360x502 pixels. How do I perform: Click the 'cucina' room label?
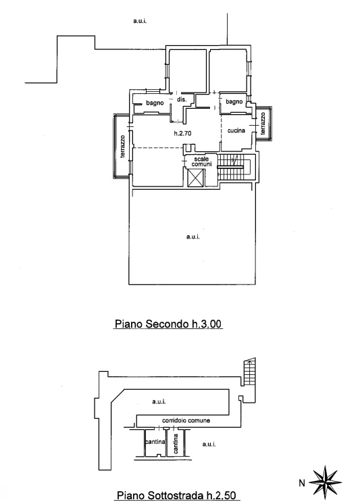point(236,130)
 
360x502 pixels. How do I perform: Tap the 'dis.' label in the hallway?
point(182,99)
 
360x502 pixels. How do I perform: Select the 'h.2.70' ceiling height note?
point(183,133)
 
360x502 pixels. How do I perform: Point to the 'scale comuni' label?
point(201,161)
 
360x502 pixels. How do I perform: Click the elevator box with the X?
point(195,178)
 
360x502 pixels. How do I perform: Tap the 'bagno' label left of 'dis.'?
point(155,103)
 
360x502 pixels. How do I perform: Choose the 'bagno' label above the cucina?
point(234,101)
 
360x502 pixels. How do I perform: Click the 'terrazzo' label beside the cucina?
point(263,123)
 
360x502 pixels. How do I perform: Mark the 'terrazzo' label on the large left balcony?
point(122,147)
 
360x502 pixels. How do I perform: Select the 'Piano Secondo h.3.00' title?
point(168,324)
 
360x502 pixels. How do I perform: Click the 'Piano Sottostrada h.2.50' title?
point(176,495)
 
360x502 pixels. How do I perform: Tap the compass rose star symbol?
point(325,481)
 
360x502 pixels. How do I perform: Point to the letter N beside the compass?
point(302,483)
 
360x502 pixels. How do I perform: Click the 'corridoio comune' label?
point(186,420)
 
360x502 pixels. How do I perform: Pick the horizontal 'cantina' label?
point(155,442)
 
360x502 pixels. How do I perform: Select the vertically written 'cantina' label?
point(176,444)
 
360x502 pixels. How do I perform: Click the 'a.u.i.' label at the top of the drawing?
point(140,21)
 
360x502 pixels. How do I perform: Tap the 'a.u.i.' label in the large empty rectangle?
point(193,237)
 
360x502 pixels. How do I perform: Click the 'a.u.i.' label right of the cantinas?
point(209,444)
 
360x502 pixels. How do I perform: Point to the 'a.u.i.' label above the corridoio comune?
point(159,401)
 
